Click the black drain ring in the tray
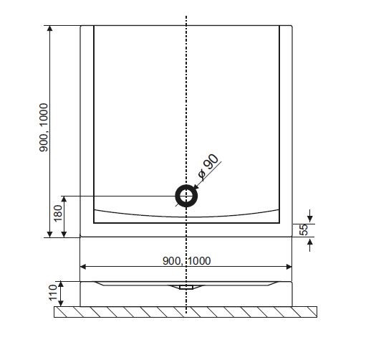[186, 196]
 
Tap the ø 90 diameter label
[208, 166]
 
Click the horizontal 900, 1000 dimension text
[186, 260]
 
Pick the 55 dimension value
[303, 229]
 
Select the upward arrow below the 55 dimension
[310, 242]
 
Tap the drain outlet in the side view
[186, 286]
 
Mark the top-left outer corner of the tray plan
[81, 26]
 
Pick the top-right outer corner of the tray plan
[292, 26]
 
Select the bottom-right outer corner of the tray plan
[292, 237]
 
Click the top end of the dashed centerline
[186, 16]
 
